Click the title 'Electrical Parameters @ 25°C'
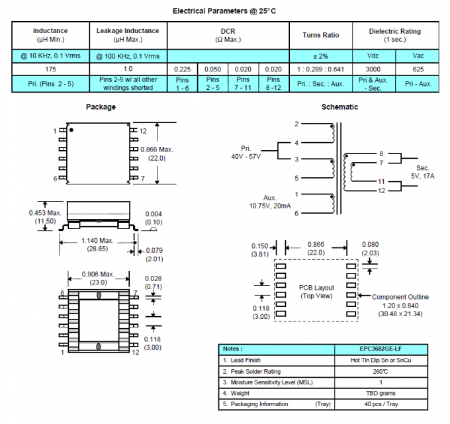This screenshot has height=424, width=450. (x=224, y=11)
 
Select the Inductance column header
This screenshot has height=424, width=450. (x=50, y=34)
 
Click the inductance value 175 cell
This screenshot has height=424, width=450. (x=50, y=69)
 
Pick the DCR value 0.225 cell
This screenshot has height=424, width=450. (x=183, y=69)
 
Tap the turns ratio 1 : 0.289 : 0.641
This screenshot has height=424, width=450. (x=320, y=69)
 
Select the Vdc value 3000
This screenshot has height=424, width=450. (x=373, y=69)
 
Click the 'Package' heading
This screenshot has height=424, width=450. (x=101, y=106)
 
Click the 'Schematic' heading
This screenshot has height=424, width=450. (x=339, y=106)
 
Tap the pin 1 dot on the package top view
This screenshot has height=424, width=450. (x=71, y=131)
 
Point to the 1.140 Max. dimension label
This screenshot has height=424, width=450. (x=97, y=244)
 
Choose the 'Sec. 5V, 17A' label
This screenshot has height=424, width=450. (x=422, y=171)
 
